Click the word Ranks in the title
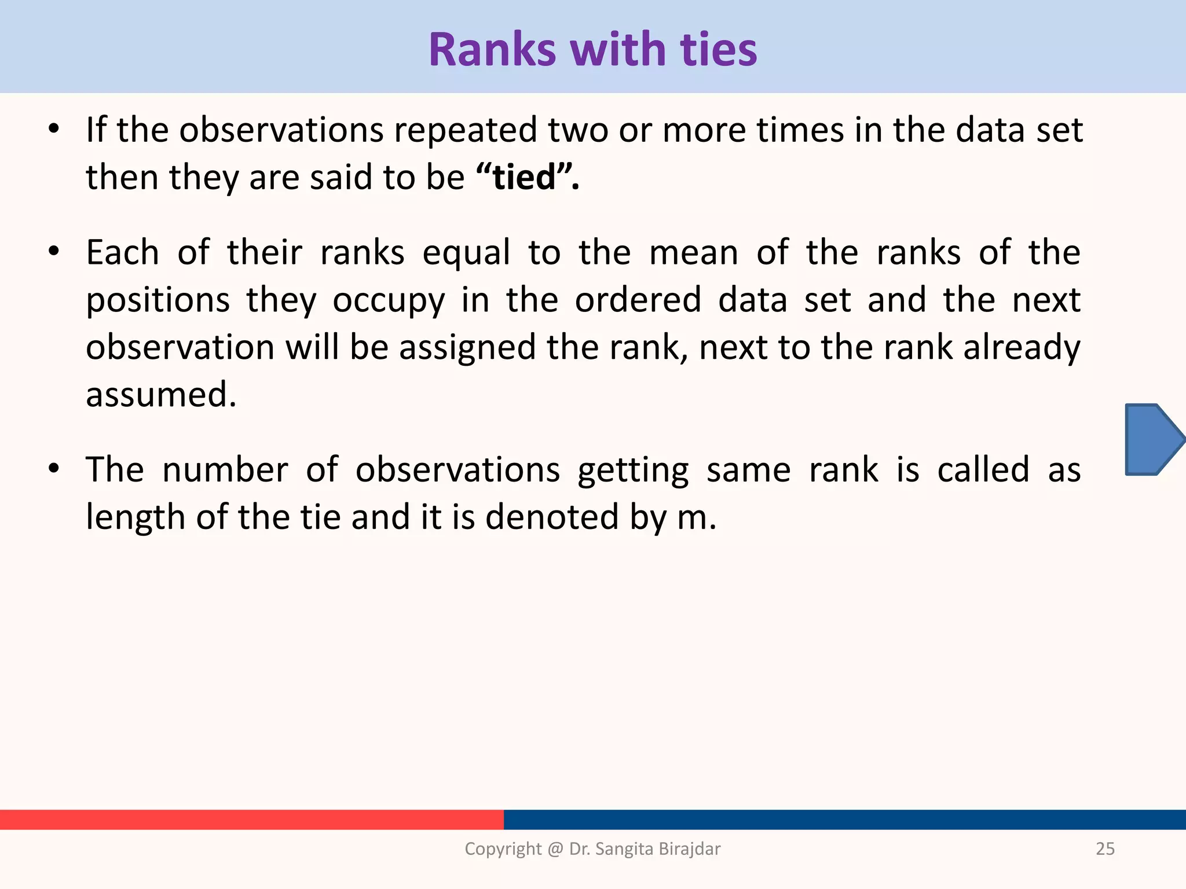(492, 50)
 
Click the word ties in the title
(718, 50)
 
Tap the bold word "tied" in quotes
(524, 177)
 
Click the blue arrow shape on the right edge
(1152, 440)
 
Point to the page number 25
(1105, 848)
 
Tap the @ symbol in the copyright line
(555, 849)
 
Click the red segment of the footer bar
(252, 820)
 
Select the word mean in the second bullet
(693, 254)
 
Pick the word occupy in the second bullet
(389, 301)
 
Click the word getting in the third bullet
(633, 470)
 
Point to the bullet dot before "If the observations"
(54, 130)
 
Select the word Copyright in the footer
(502, 848)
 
